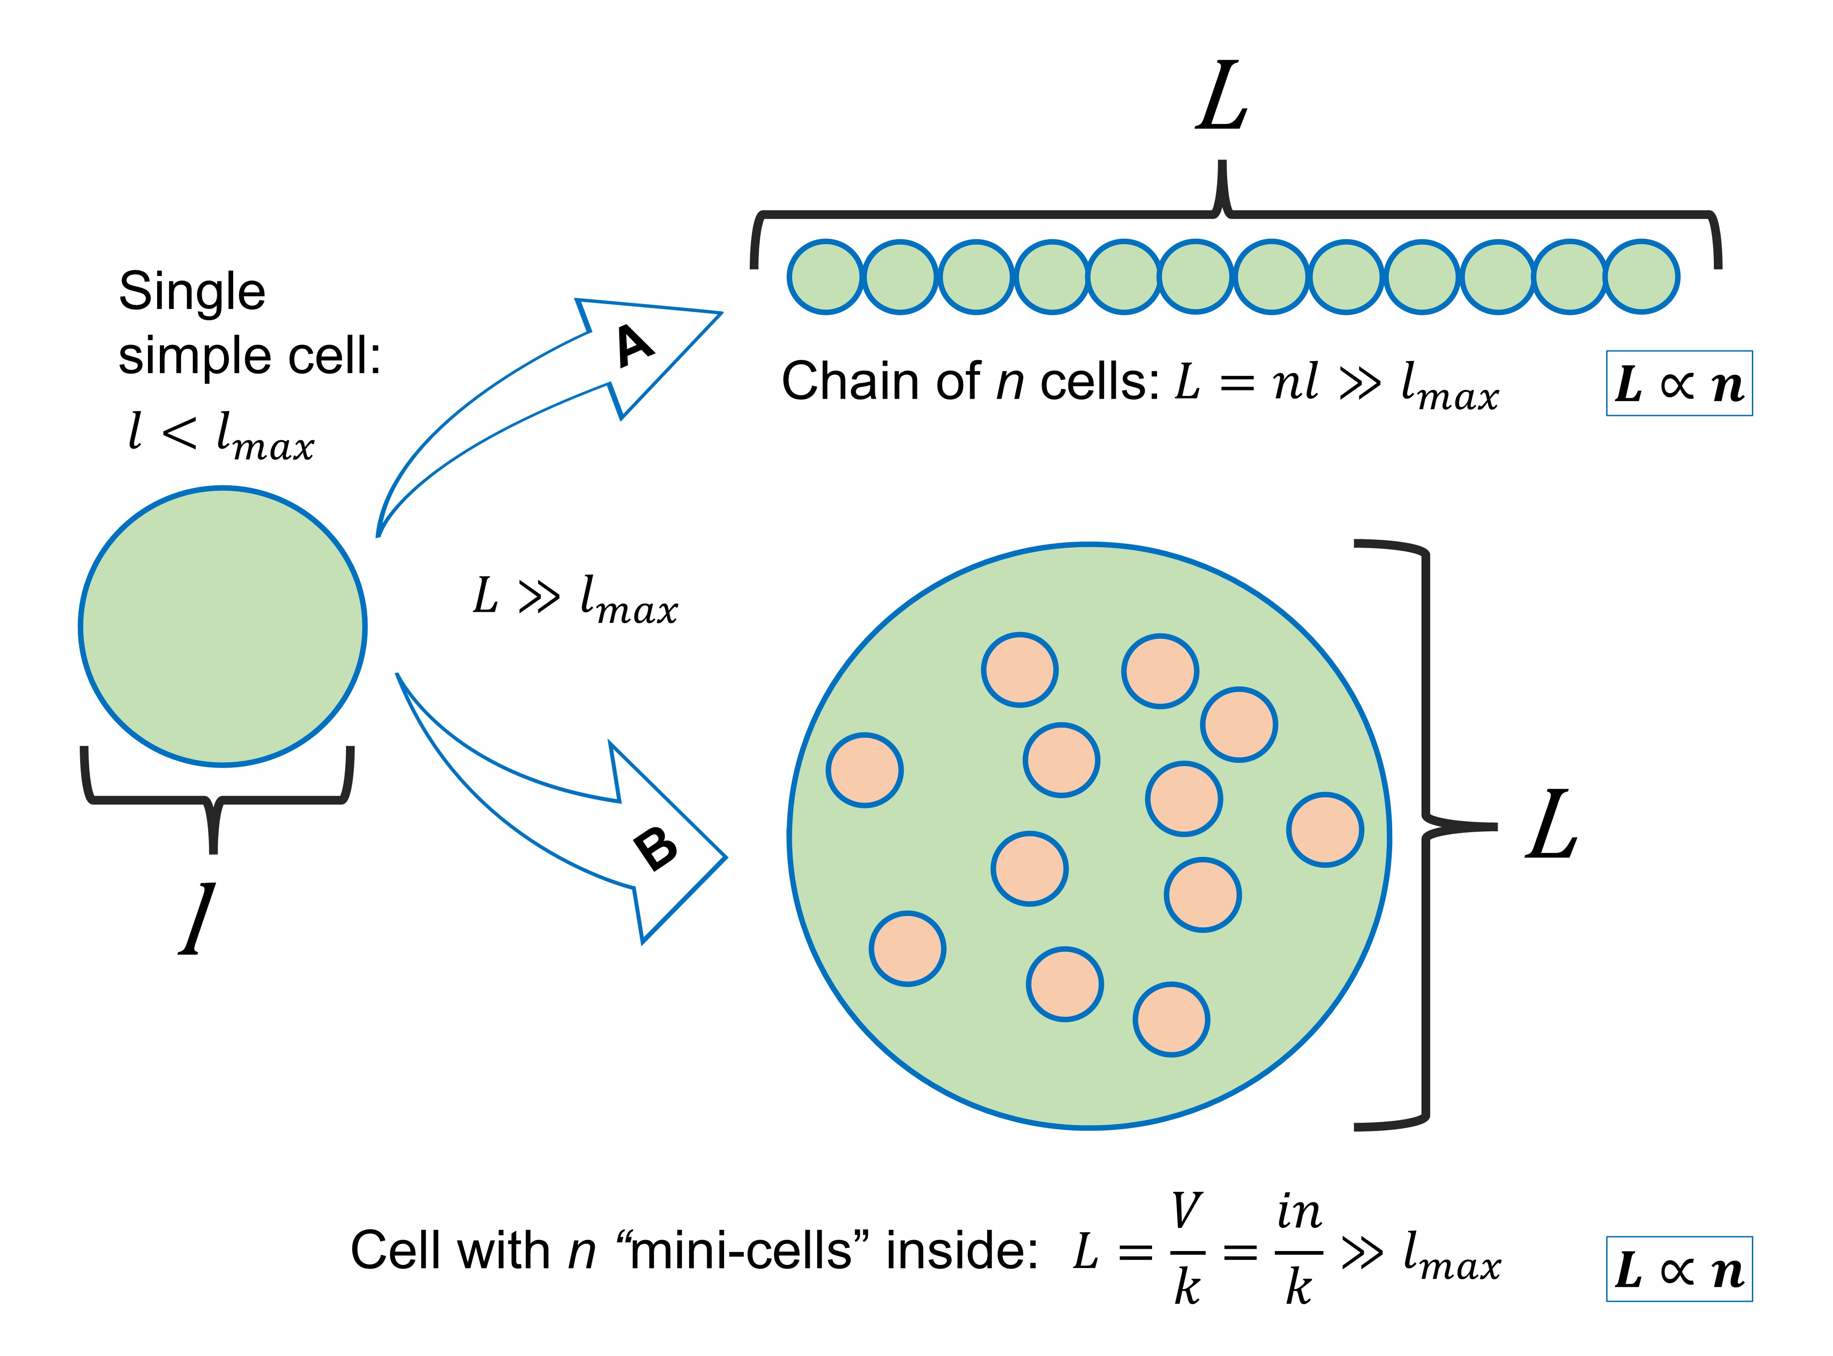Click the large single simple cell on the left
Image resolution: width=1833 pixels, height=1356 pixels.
[222, 627]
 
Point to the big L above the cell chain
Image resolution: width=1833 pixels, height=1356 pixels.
[1221, 97]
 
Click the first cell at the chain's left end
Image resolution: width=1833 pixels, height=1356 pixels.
[825, 277]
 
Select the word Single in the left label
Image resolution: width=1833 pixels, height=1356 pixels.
[192, 292]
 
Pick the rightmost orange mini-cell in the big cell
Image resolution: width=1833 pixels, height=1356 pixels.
[1325, 830]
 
